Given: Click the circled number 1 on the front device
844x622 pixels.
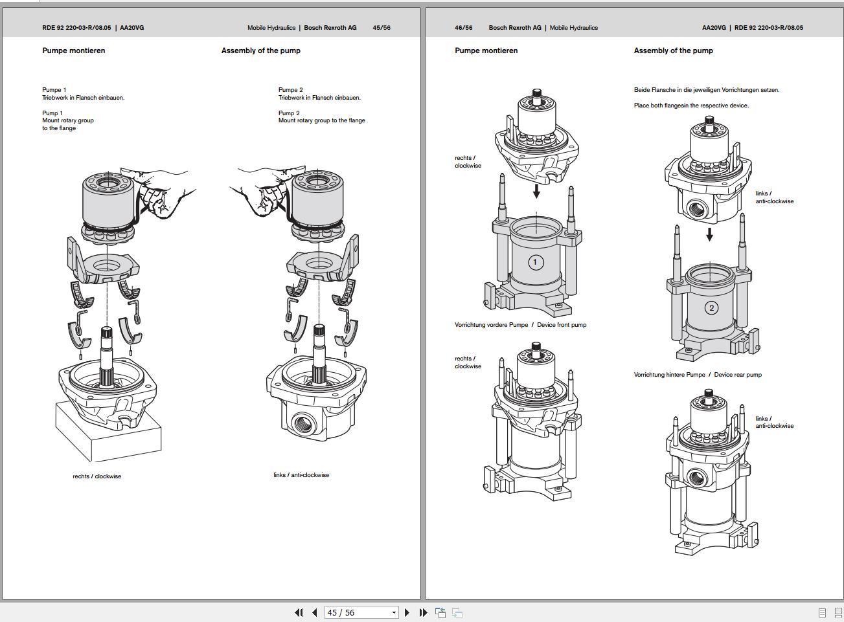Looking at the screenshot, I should tap(535, 262).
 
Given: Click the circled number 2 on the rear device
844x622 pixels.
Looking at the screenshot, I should tap(711, 308).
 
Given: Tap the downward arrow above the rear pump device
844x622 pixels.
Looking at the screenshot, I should tap(710, 234).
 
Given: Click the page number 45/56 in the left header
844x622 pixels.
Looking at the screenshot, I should tap(382, 28).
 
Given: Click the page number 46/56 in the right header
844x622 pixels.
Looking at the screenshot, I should tap(464, 28).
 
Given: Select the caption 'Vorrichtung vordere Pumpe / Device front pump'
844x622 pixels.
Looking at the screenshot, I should tap(520, 325).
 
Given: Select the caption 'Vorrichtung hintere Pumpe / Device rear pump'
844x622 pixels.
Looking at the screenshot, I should tap(698, 375).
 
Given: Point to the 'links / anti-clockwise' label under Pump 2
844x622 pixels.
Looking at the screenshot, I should tap(301, 475).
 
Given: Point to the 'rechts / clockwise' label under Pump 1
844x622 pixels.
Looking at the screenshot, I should tap(97, 476).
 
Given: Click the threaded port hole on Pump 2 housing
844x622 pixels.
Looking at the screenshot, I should tap(302, 425).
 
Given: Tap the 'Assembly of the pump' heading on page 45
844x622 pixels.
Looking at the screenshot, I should tap(261, 50).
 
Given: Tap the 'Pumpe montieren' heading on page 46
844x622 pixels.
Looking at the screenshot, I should tap(486, 50).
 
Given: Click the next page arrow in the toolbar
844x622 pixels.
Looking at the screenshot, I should tap(407, 612).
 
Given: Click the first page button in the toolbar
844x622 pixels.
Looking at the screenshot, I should tap(299, 612).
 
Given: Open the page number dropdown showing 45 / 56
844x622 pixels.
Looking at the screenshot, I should tap(393, 612).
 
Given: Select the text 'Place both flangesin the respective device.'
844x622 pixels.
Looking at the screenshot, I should tap(691, 106).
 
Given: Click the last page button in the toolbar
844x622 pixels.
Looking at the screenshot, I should tap(423, 612).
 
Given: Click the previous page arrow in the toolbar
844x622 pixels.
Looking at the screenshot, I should tap(315, 612).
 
